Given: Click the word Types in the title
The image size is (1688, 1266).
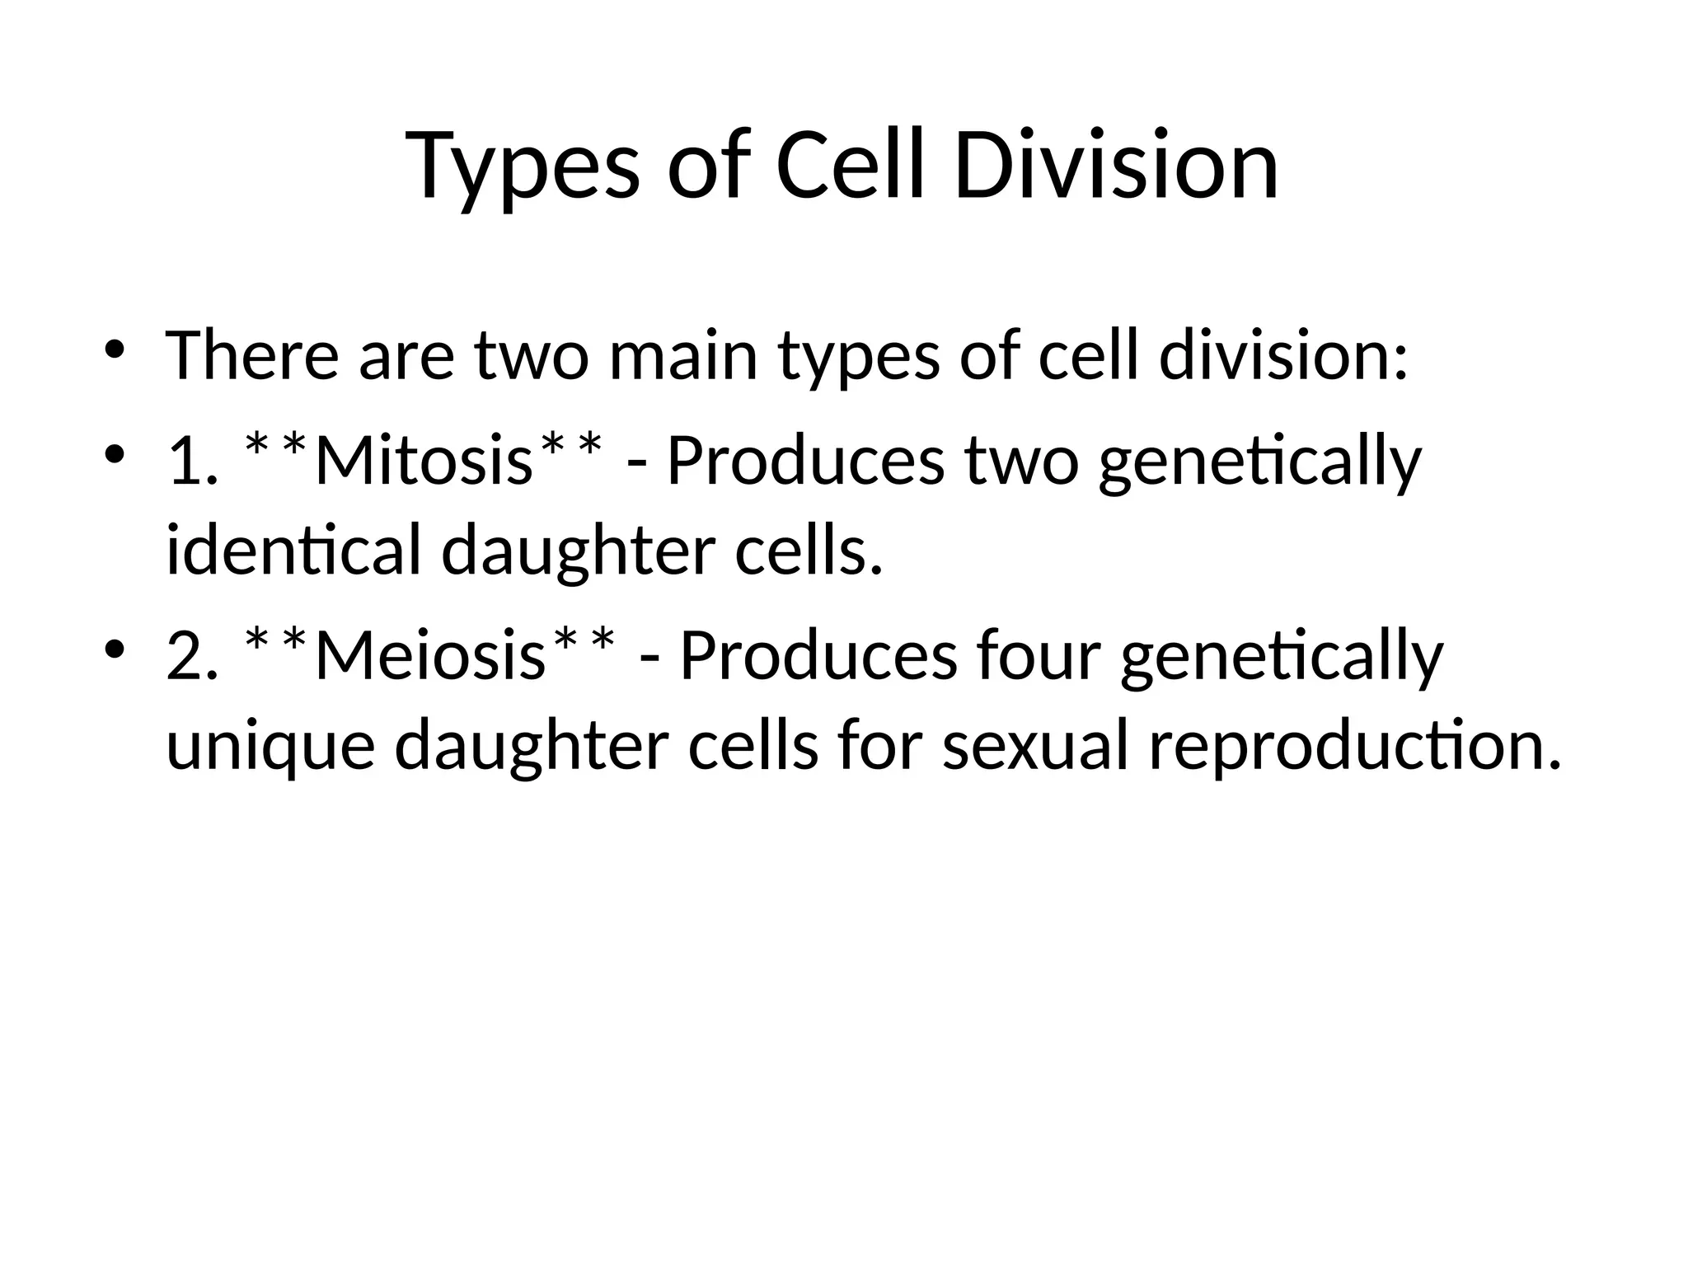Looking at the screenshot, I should (523, 167).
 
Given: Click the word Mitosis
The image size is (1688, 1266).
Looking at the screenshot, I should (424, 461).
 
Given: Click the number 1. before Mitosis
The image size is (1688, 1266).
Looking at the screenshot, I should (192, 461).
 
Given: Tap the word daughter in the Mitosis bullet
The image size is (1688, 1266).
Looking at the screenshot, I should (577, 551).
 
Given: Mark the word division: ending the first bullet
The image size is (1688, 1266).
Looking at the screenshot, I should (1283, 356).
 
